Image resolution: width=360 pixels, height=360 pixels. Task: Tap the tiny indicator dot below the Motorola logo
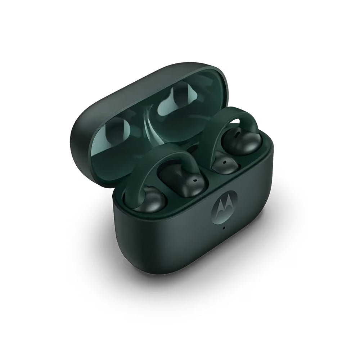tap(224, 228)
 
